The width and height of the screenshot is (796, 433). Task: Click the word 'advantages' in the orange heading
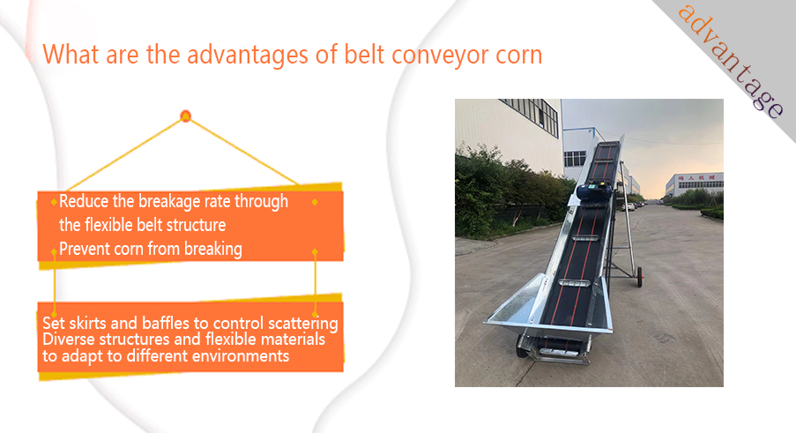[x=247, y=55]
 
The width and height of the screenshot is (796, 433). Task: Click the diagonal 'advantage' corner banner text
[x=731, y=61]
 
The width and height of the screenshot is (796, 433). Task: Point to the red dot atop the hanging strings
[x=185, y=116]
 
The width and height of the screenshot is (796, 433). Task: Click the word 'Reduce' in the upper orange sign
[x=83, y=201]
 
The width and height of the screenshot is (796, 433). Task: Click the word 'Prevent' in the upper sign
[x=85, y=249]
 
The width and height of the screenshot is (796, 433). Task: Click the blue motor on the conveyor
[x=593, y=192]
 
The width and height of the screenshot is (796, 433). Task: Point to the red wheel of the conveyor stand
[x=640, y=277]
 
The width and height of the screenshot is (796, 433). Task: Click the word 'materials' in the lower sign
[x=297, y=340]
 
